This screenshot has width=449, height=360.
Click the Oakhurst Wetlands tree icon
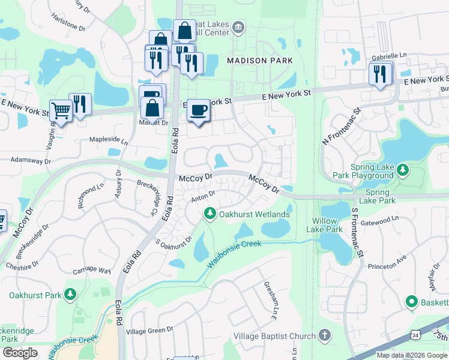click(x=210, y=214)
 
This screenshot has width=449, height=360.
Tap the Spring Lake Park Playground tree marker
click(x=403, y=171)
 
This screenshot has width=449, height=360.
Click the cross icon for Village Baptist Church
click(x=325, y=335)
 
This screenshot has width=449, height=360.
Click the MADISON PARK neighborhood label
click(x=259, y=61)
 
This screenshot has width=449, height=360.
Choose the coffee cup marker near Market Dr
click(x=199, y=110)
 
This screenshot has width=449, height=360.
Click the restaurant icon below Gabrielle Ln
click(x=380, y=73)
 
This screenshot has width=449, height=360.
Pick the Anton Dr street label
click(x=203, y=196)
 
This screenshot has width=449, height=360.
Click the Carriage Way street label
click(x=92, y=271)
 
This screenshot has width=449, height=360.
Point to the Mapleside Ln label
click(x=109, y=142)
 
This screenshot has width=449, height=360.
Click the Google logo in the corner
click(x=20, y=353)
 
